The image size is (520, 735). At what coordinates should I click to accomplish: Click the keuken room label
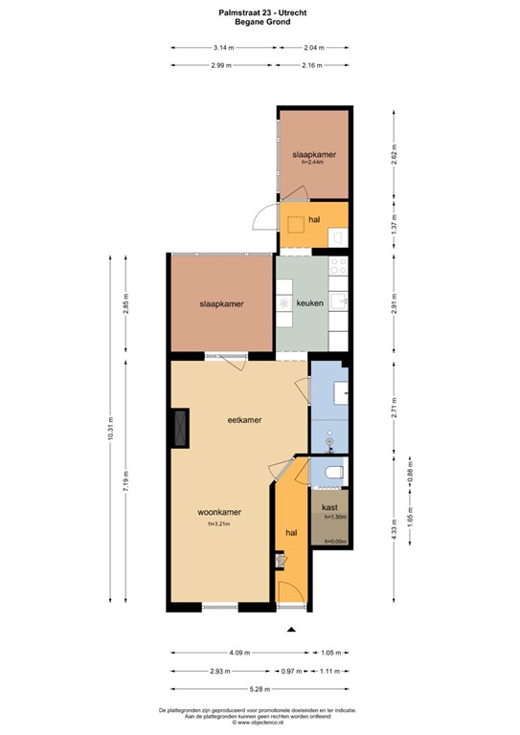pos(309,303)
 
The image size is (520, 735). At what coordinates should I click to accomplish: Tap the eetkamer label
pos(244,420)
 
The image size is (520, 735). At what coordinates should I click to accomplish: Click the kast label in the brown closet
pos(328,506)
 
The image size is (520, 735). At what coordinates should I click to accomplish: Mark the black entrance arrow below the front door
pos(291,629)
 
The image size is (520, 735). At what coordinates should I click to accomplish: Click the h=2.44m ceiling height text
pos(313,163)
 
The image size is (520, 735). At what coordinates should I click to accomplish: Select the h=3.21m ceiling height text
pos(219,523)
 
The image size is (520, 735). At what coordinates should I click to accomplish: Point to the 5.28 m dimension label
pos(260,688)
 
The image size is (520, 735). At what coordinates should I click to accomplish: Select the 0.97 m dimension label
pos(289,672)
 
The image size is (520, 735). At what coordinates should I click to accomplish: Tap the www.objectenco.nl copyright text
pos(260,724)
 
